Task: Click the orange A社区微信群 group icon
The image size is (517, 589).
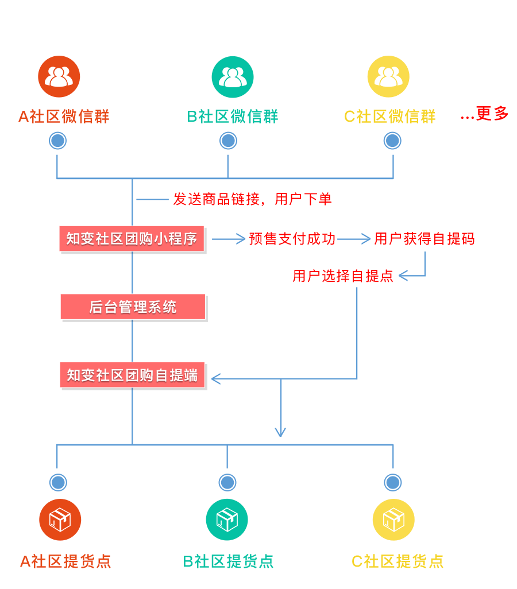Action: pyautogui.click(x=59, y=76)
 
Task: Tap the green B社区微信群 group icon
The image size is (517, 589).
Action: pyautogui.click(x=233, y=76)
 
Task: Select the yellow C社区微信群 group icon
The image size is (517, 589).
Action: pyautogui.click(x=388, y=76)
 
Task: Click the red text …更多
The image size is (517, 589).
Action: pyautogui.click(x=484, y=114)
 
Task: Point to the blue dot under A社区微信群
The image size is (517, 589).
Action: pyautogui.click(x=57, y=141)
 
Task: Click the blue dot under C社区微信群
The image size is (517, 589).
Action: pyautogui.click(x=392, y=141)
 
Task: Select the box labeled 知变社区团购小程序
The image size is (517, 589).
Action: pyautogui.click(x=132, y=238)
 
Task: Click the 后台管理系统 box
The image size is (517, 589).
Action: pyautogui.click(x=133, y=307)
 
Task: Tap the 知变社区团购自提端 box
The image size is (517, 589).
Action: pyautogui.click(x=133, y=375)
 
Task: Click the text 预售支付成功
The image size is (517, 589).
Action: pyautogui.click(x=292, y=239)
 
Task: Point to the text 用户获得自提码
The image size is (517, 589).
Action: pyautogui.click(x=424, y=239)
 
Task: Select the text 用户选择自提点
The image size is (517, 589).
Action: pyautogui.click(x=343, y=276)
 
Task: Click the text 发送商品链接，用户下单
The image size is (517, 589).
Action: pyautogui.click(x=252, y=199)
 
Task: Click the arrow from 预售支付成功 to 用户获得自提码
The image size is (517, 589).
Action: pyautogui.click(x=354, y=239)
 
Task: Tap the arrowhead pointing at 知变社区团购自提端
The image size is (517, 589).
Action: pyautogui.click(x=216, y=378)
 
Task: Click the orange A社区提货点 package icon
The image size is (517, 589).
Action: pyautogui.click(x=60, y=520)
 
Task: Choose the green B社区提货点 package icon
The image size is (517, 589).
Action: pyautogui.click(x=227, y=520)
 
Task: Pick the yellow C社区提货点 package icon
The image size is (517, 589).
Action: pyautogui.click(x=393, y=520)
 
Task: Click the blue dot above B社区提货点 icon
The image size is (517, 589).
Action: pyautogui.click(x=227, y=482)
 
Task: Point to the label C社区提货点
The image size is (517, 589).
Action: pyautogui.click(x=398, y=561)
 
